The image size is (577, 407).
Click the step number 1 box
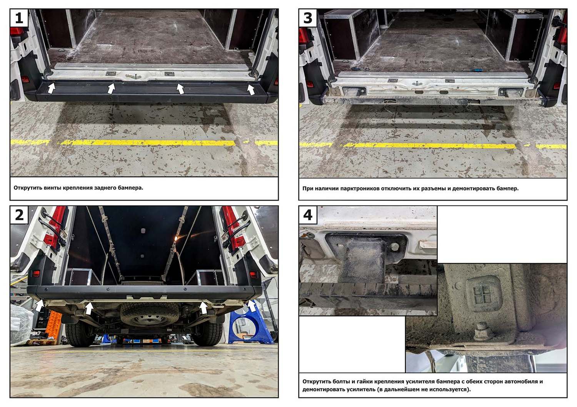tap(19, 18)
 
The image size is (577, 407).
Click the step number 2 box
tap(19, 215)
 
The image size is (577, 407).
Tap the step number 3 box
tap(308, 18)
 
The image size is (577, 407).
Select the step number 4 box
tap(308, 215)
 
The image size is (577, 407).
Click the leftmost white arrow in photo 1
tap(52, 88)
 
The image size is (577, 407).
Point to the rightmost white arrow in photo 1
tap(251, 90)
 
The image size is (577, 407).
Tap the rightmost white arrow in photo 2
tap(252, 306)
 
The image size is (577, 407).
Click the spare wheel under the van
tap(149, 316)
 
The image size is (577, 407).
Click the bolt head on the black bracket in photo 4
tap(395, 247)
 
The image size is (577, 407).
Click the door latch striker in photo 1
tap(133, 76)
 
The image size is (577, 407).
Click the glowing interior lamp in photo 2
tap(176, 238)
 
